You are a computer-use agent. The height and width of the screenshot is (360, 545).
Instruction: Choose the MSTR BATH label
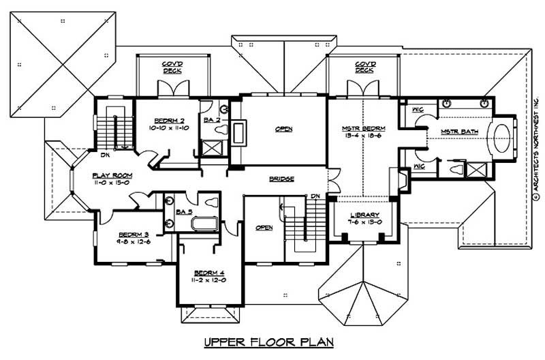(x=456, y=131)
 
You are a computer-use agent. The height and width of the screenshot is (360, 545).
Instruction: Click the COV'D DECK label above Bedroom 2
(x=171, y=67)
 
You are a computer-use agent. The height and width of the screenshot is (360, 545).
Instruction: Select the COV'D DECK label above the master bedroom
(x=364, y=67)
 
